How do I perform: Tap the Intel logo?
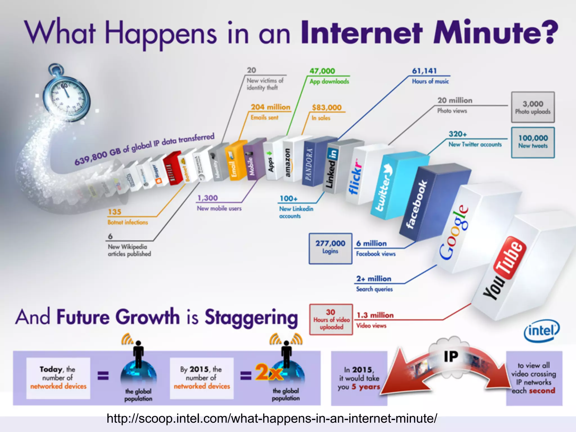541,331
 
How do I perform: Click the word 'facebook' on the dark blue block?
417,204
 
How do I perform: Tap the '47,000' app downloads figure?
322,71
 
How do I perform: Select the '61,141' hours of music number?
424,71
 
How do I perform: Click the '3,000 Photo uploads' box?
533,107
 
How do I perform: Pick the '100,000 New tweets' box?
533,142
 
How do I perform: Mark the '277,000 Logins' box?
330,248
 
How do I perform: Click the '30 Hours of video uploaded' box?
331,319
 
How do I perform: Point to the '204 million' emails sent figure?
270,107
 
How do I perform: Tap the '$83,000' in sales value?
327,107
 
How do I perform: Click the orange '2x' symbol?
269,372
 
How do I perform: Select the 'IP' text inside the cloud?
451,356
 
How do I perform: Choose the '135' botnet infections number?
114,212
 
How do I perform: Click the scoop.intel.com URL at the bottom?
272,418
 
